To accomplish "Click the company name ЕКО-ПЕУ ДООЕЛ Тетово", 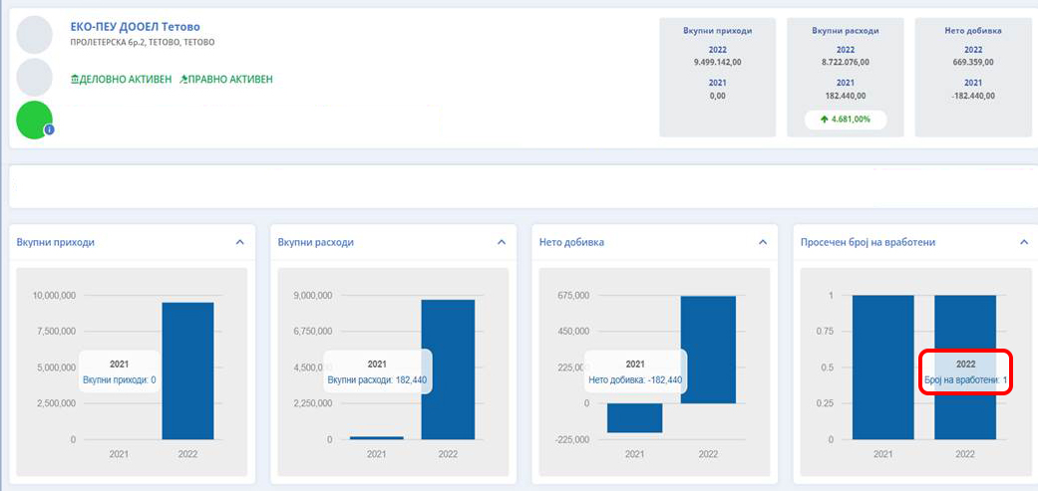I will [x=143, y=26].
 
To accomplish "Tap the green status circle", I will [x=35, y=120].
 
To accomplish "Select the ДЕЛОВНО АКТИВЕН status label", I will [x=121, y=79].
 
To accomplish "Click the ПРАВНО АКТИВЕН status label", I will [x=226, y=79].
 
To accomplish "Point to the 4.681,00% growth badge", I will [x=845, y=120].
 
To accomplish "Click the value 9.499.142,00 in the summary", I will [x=718, y=62].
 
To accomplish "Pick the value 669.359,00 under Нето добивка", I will [x=973, y=62].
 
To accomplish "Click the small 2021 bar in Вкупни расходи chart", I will [x=377, y=437].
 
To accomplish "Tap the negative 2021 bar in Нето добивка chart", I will [x=634, y=418].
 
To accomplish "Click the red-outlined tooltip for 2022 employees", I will [x=965, y=371].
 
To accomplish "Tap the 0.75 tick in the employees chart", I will [x=826, y=332].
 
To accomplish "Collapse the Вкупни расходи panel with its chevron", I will [x=501, y=242].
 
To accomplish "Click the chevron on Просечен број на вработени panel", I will [x=1023, y=242].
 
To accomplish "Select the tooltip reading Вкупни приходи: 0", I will [x=119, y=371].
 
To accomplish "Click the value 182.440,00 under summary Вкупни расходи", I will [x=846, y=96].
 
